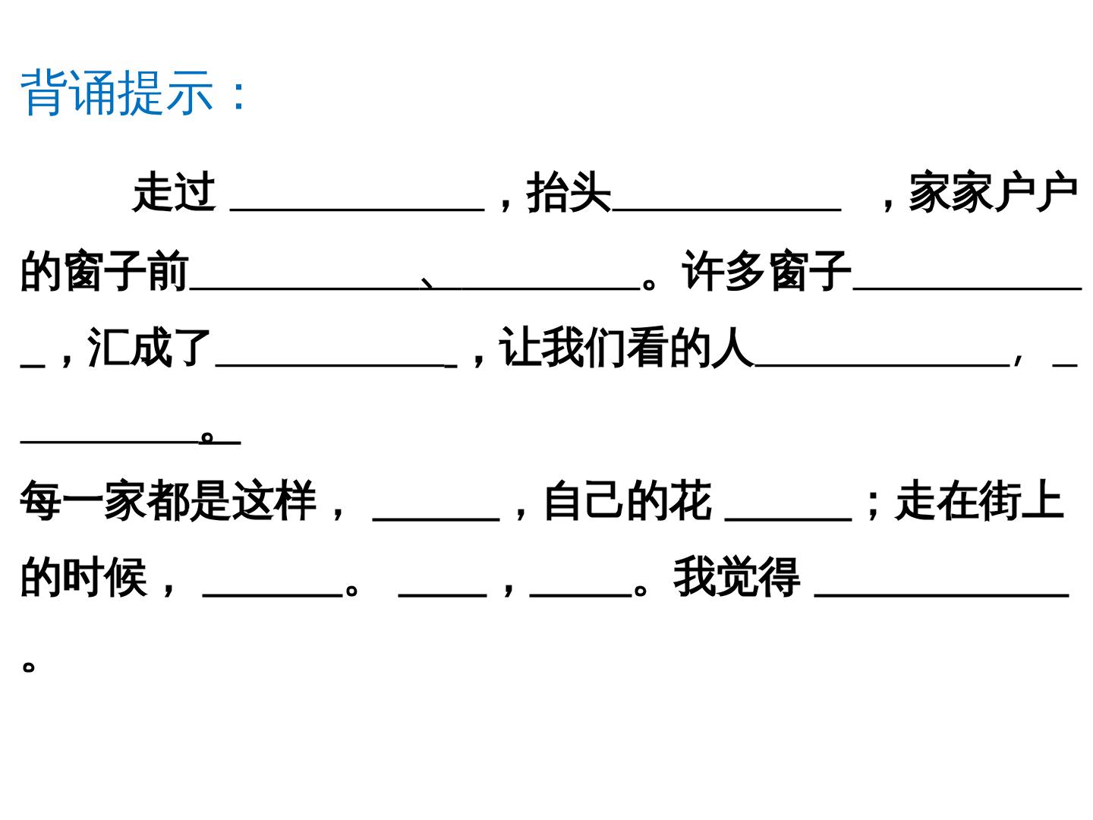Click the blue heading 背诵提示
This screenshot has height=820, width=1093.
pyautogui.click(x=117, y=93)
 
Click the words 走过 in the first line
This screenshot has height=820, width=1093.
pyautogui.click(x=174, y=191)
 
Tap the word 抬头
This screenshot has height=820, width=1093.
pyautogui.click(x=569, y=191)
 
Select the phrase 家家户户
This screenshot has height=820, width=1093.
pyautogui.click(x=993, y=191)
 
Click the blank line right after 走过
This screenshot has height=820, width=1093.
pyautogui.click(x=357, y=210)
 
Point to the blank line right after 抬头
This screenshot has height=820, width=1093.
pyautogui.click(x=726, y=210)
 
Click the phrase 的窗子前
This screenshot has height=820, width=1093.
pyautogui.click(x=104, y=270)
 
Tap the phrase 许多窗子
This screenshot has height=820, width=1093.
pyautogui.click(x=766, y=270)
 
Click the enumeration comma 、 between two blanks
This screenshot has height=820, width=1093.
pyautogui.click(x=427, y=282)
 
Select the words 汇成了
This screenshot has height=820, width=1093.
pyautogui.click(x=148, y=348)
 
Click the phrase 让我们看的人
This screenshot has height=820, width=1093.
pyautogui.click(x=626, y=348)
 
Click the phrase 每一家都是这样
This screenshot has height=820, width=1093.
pyautogui.click(x=169, y=500)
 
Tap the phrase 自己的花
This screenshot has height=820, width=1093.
pyautogui.click(x=628, y=500)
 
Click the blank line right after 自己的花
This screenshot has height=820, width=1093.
pyautogui.click(x=789, y=519)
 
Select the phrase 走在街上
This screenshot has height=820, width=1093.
pyautogui.click(x=979, y=500)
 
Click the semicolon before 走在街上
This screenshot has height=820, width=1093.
pyautogui.click(x=872, y=506)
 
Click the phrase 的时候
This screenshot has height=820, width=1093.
pyautogui.click(x=83, y=578)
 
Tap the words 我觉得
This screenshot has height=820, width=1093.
pyautogui.click(x=737, y=578)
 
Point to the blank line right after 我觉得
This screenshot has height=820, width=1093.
pyautogui.click(x=942, y=595)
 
